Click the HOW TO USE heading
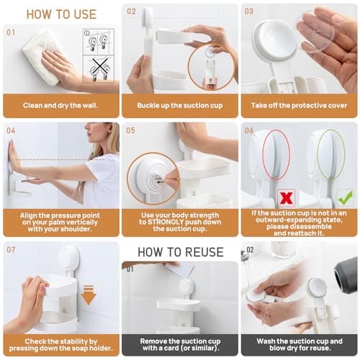60,14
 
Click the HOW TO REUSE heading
179,252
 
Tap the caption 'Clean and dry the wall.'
60,105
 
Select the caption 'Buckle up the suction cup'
179,105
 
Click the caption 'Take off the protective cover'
298,105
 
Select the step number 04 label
11,130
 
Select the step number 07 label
11,249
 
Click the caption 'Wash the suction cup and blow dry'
298,342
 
